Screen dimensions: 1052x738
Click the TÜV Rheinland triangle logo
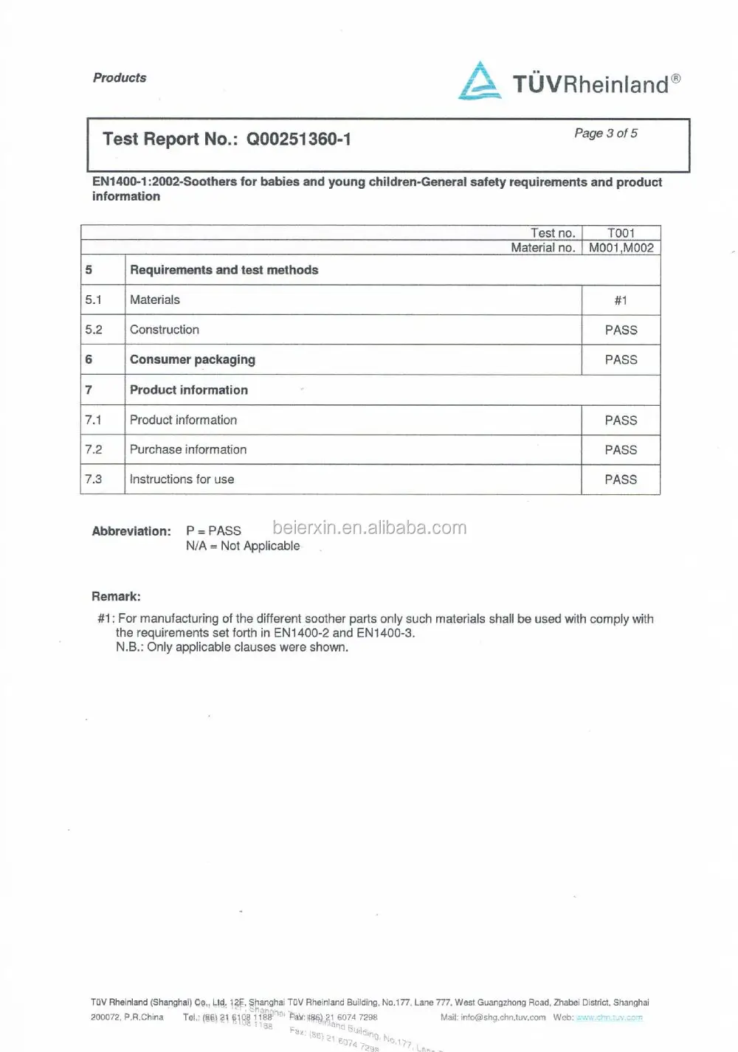coord(480,81)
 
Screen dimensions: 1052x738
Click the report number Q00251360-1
coord(298,139)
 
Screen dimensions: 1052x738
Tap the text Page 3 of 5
coord(606,134)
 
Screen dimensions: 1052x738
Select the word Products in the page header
coord(120,78)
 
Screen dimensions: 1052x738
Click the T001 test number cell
coord(621,233)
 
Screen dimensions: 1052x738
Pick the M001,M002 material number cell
coord(621,248)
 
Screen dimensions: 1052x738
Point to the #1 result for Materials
coord(621,300)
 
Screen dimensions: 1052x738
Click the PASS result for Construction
coord(621,331)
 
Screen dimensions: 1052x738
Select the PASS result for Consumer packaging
coord(621,360)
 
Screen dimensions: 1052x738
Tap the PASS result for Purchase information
coord(621,450)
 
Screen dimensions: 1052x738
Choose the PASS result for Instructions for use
coord(621,480)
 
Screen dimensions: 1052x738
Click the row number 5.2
coord(94,330)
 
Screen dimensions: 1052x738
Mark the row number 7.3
coord(94,480)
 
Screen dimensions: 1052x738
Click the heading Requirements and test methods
coord(224,270)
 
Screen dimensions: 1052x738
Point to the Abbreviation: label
coord(131,531)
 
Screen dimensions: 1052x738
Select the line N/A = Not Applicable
coord(243,546)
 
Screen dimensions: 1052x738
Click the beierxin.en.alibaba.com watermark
coord(370,527)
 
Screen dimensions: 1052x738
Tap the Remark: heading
coord(116,596)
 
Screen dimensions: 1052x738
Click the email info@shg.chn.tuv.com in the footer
coord(503,1017)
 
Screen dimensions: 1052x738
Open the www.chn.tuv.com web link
coord(609,1017)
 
